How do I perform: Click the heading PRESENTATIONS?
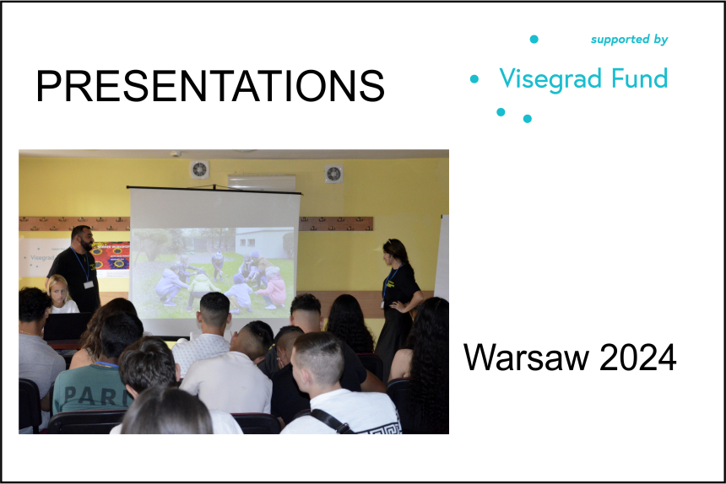click(x=210, y=86)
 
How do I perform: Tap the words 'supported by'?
click(x=629, y=40)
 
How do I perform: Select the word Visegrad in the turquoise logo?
click(x=551, y=79)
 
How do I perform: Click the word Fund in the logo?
click(x=639, y=78)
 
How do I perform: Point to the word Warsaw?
click(x=527, y=358)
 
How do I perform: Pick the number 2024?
click(x=637, y=358)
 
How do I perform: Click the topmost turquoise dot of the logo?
click(x=534, y=40)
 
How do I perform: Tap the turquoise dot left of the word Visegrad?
click(x=474, y=79)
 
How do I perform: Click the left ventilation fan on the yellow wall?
click(x=199, y=169)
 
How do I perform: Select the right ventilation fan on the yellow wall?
click(x=333, y=174)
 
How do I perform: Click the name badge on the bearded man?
click(x=89, y=284)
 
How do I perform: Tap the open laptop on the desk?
click(x=68, y=326)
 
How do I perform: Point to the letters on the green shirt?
click(x=96, y=395)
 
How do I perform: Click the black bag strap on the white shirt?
click(x=330, y=421)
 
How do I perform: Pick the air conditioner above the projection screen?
click(x=262, y=182)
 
